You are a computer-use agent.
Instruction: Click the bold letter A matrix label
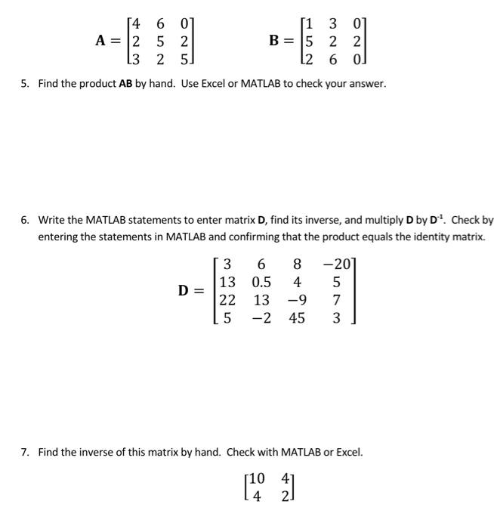(100, 41)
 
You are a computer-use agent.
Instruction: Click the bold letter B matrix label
(276, 41)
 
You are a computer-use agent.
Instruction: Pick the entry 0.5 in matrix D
(262, 283)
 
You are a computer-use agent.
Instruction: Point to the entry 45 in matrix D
(297, 318)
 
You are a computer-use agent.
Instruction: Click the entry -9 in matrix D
(295, 300)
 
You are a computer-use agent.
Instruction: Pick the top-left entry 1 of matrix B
(311, 24)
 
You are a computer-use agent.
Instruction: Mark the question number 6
(25, 220)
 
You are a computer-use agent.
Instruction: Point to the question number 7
(25, 452)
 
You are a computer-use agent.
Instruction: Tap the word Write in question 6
(52, 220)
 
